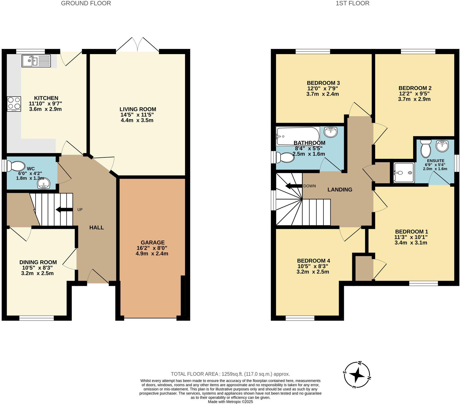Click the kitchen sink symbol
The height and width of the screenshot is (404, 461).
(36, 61)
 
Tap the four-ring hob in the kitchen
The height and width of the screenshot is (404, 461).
(14, 104)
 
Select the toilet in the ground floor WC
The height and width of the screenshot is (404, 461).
(16, 166)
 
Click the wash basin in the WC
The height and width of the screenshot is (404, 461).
(43, 184)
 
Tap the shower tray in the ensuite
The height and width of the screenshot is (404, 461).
(403, 173)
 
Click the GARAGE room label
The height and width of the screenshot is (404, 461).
(152, 242)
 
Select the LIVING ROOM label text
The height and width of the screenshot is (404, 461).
(138, 109)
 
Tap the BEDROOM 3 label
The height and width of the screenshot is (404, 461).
(323, 83)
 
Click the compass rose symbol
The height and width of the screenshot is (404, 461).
(357, 374)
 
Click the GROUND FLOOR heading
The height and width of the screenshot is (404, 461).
(86, 3)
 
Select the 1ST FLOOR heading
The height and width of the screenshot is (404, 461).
(352, 3)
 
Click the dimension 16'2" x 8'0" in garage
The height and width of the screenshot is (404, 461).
(152, 248)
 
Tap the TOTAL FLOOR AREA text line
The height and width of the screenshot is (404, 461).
(230, 374)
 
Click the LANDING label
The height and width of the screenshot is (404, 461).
(340, 189)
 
